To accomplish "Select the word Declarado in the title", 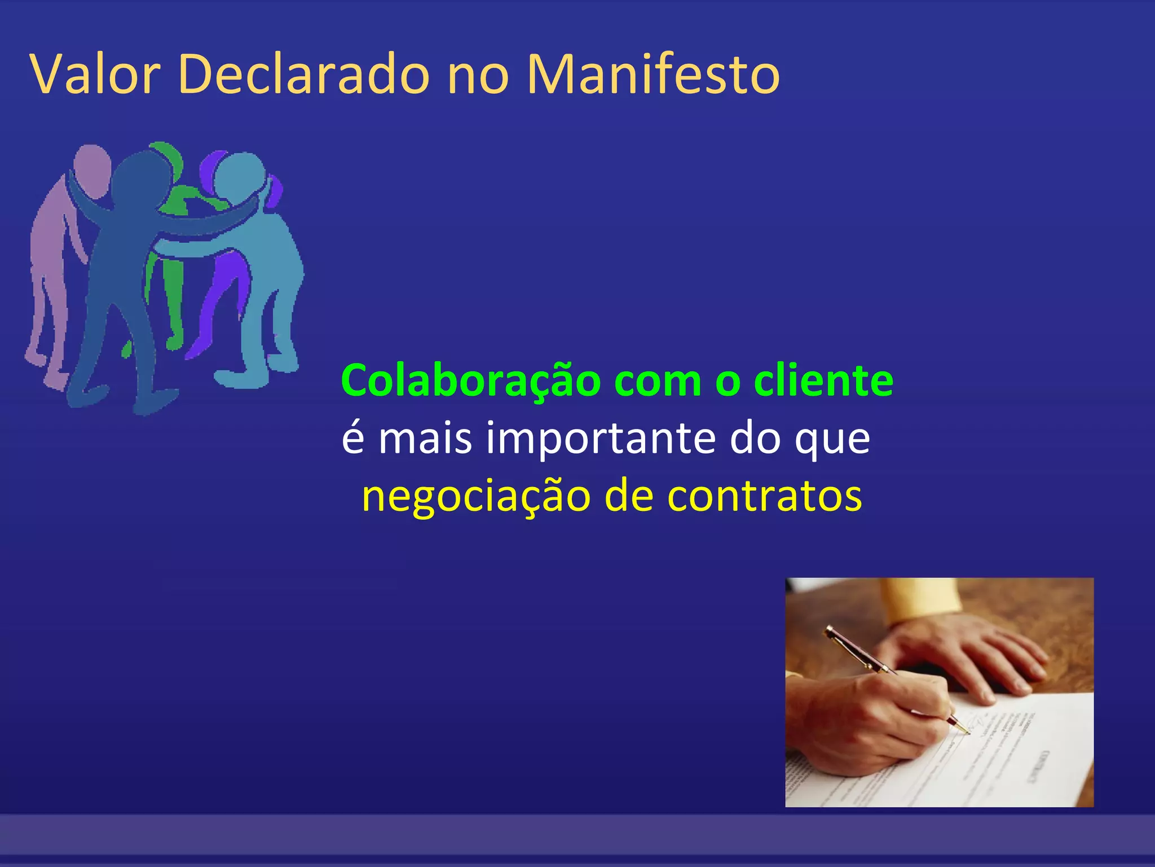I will click(x=304, y=75).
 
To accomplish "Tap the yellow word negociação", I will click(x=476, y=497).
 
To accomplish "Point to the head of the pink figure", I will click(x=91, y=164).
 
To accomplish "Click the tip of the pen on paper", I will click(x=968, y=733).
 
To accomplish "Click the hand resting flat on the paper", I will click(x=970, y=655).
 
